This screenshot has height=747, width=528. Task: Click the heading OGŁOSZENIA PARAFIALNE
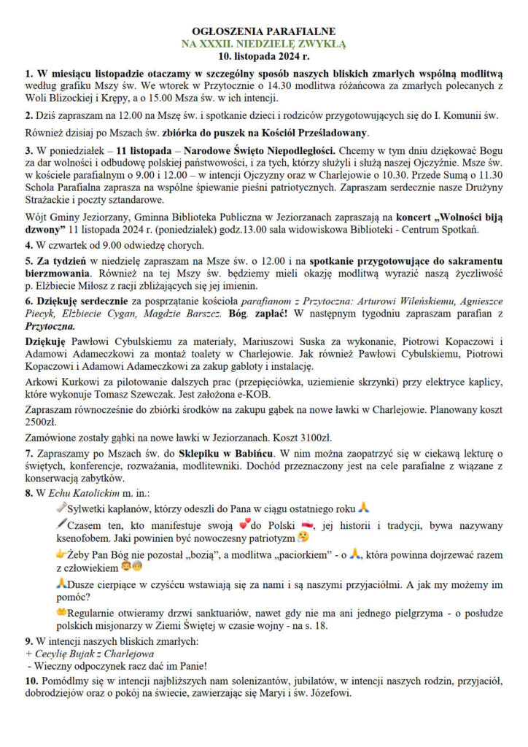(x=263, y=31)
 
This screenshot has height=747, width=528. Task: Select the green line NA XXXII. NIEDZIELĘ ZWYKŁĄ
(x=263, y=44)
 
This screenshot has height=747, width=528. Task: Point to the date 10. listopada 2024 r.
(x=263, y=55)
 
